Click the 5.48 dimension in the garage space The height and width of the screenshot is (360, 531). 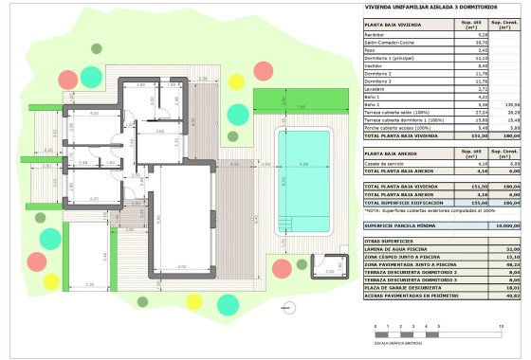107,255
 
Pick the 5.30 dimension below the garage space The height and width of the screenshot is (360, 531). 90,285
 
